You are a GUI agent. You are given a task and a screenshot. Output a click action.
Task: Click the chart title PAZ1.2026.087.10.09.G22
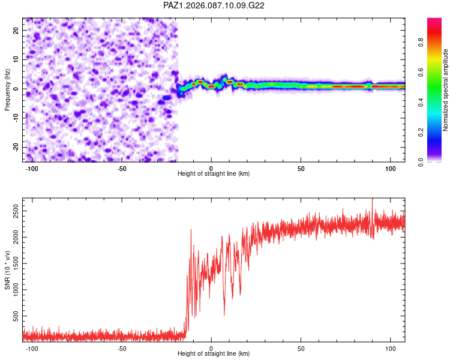(x=214, y=5)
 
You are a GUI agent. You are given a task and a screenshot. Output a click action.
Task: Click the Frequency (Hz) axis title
(x=8, y=89)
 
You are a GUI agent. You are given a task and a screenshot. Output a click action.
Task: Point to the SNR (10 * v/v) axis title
(x=8, y=269)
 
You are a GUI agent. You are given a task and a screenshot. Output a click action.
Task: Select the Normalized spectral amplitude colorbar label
(x=446, y=90)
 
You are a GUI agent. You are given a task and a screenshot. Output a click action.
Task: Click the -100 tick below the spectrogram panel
(x=32, y=167)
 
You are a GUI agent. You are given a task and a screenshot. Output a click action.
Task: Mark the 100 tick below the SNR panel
(x=391, y=347)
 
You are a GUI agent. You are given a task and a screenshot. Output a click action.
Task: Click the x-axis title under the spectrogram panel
(x=214, y=174)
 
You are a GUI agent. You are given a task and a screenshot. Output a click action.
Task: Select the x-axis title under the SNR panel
(x=214, y=354)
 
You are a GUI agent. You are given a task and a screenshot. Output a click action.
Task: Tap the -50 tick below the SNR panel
(x=122, y=347)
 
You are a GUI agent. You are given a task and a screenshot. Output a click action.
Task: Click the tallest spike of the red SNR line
(x=373, y=199)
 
